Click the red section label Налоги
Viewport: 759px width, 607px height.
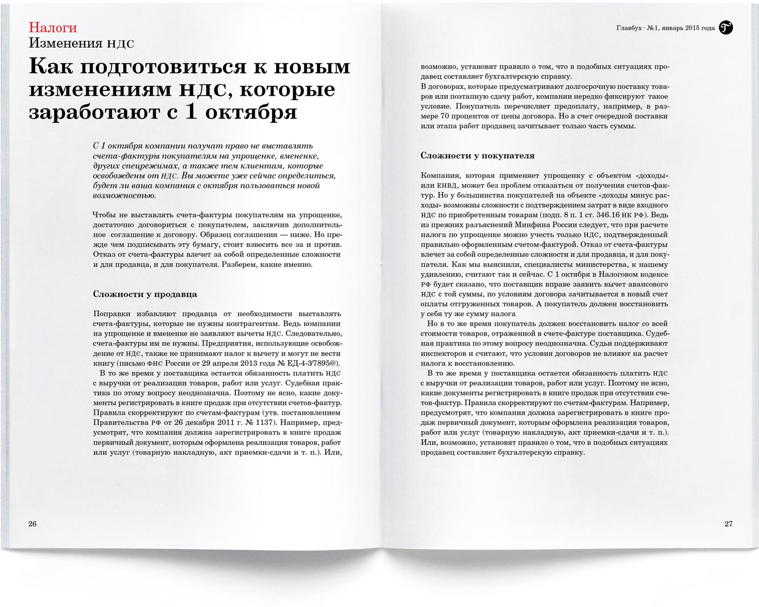53,28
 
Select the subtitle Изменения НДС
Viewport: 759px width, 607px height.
81,44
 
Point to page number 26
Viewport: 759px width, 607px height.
33,524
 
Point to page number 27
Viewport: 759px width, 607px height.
728,524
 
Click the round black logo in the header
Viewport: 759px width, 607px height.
726,28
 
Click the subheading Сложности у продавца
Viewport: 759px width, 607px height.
145,295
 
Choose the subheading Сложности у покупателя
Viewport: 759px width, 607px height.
478,156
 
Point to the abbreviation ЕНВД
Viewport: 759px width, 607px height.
445,186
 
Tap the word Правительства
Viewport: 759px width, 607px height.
120,422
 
